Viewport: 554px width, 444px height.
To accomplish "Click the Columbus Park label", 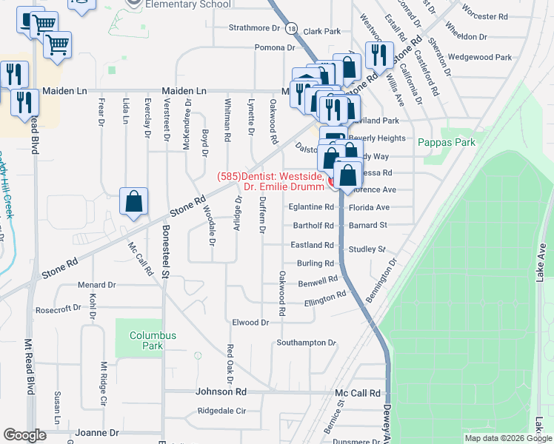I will point(153,340).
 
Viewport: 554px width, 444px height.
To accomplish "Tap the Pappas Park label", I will point(445,142).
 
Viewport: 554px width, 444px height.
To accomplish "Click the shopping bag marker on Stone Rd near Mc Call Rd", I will point(134,201).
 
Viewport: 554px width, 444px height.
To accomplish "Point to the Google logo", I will point(24,435).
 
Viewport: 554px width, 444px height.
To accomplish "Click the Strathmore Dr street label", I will point(257,28).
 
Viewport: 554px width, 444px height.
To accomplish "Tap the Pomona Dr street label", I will point(275,47).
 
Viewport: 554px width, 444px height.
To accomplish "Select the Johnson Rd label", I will point(221,392).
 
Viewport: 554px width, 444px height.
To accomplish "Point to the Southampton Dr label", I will point(307,343).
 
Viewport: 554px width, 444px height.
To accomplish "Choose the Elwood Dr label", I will point(250,323).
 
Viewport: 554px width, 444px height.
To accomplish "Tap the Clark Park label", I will point(321,32).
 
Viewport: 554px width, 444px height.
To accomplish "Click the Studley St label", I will point(367,249).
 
